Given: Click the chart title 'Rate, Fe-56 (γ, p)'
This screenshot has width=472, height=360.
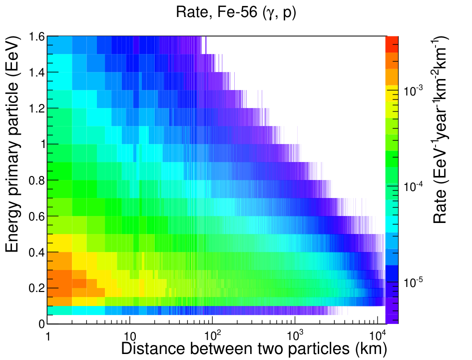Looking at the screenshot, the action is [236, 13].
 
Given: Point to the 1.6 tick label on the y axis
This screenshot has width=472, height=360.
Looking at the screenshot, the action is [37, 37].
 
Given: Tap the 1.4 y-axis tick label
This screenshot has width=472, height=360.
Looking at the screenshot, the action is [37, 72].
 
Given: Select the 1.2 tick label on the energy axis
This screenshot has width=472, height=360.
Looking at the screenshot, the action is [37, 108].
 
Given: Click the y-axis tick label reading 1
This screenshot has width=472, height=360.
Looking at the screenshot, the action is [42, 144].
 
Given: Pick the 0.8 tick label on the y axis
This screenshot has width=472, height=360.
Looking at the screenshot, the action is [37, 180].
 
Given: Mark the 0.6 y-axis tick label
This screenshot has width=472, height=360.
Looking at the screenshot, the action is [37, 216].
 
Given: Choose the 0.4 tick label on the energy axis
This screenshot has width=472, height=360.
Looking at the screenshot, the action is [37, 252].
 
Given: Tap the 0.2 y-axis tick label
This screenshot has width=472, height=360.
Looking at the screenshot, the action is [37, 288].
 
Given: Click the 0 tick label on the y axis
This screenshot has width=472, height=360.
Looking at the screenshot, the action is [41, 324].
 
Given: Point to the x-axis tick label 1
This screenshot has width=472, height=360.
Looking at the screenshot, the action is [48, 336].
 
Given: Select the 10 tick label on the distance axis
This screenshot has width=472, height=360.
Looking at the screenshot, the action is [130, 336].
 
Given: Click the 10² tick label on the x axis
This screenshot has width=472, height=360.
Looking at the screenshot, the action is [212, 334].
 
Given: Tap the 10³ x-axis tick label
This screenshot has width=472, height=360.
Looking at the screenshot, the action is [295, 334].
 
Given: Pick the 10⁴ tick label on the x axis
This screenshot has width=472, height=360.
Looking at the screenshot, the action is [378, 334].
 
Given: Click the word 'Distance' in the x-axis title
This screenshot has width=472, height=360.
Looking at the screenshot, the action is [153, 348].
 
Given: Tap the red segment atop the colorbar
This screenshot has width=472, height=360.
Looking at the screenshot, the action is [392, 44].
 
